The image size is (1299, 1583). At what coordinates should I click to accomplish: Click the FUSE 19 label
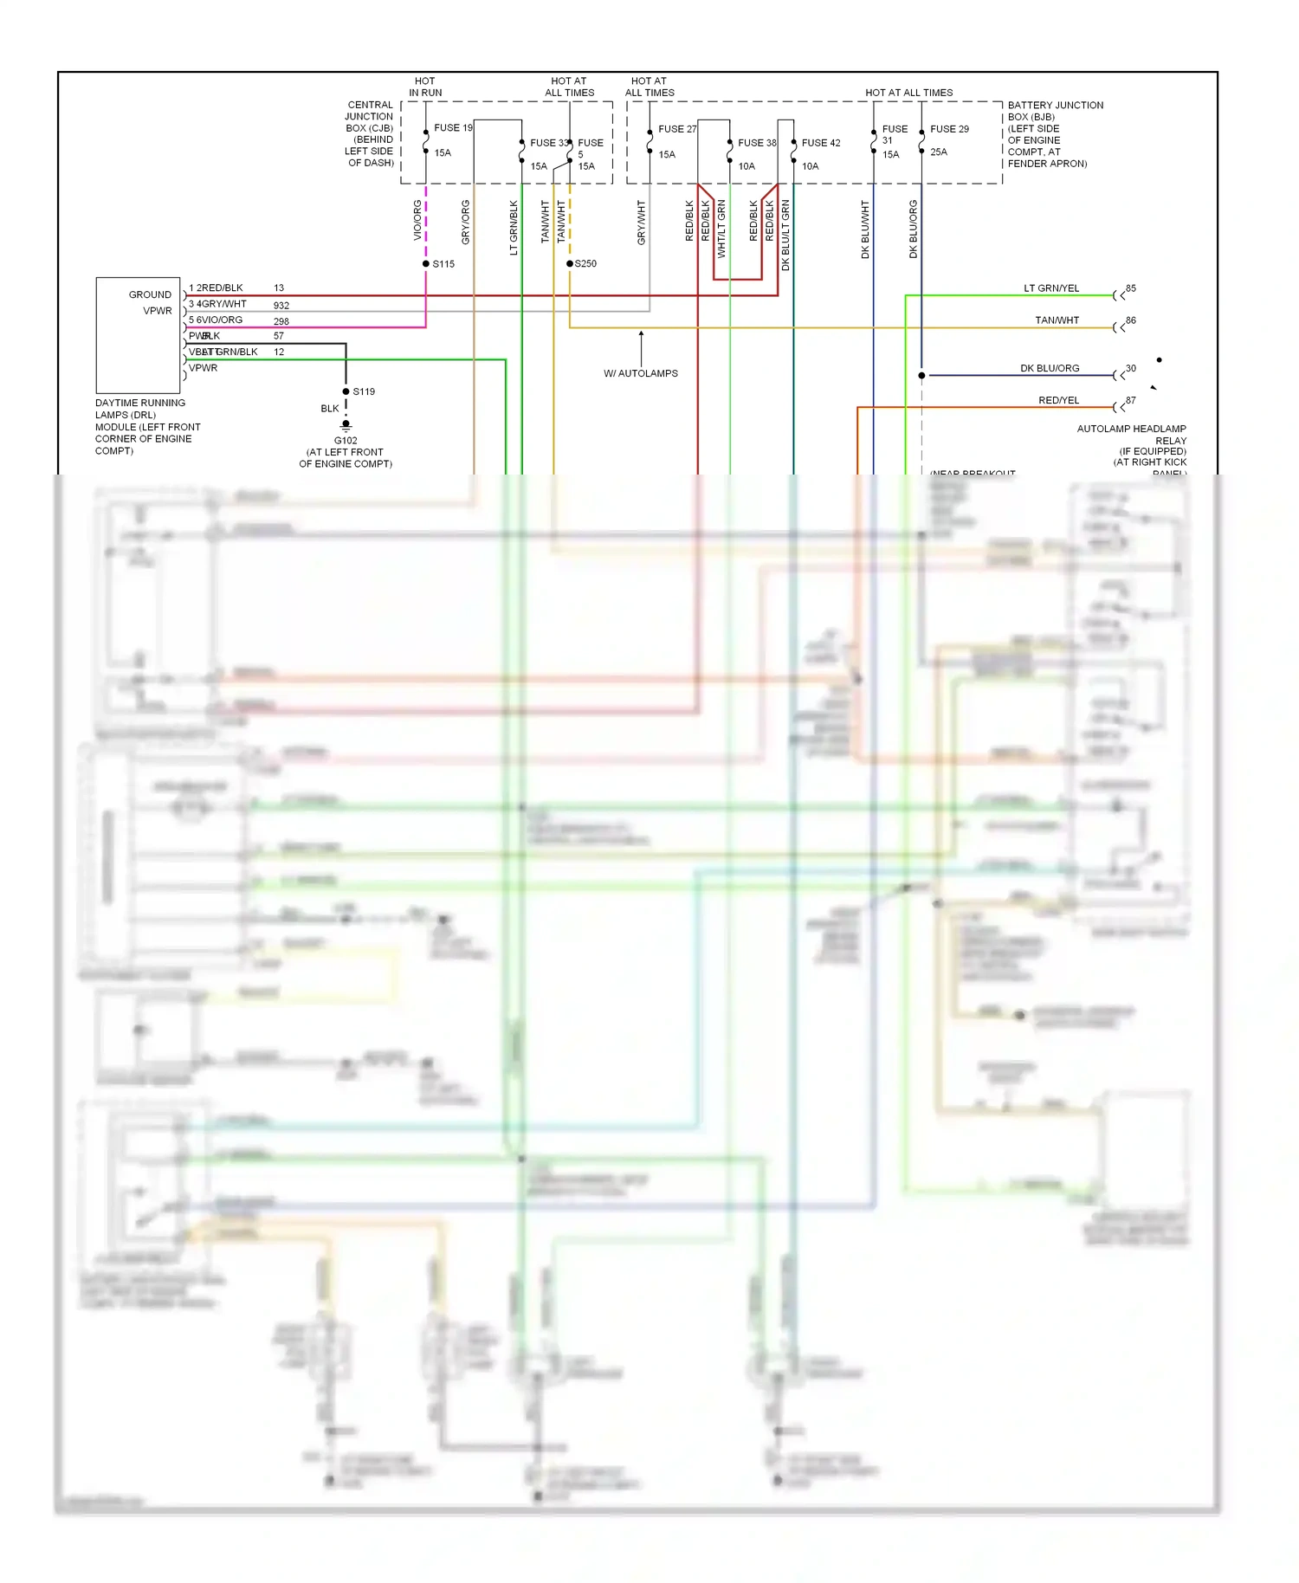[453, 127]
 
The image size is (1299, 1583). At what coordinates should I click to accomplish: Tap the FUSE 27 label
[676, 129]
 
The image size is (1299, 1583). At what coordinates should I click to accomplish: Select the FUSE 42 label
[820, 143]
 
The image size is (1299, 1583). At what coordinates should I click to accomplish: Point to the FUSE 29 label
[949, 129]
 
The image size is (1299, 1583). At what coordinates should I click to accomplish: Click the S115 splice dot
[426, 263]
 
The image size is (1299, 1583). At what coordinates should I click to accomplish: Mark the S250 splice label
[586, 263]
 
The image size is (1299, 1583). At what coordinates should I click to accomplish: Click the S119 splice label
[364, 391]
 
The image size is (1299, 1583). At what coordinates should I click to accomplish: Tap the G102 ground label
[346, 440]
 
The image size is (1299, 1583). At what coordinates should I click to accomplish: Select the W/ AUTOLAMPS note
[641, 373]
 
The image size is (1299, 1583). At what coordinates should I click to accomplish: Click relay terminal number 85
[1130, 288]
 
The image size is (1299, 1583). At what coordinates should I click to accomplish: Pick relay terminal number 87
[1130, 400]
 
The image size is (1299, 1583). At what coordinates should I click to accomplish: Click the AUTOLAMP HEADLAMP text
[1131, 429]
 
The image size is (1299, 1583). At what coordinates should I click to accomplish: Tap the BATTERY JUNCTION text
[1055, 105]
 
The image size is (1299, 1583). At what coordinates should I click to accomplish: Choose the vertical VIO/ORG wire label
[417, 221]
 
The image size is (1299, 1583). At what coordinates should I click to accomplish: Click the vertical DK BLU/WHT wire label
[865, 229]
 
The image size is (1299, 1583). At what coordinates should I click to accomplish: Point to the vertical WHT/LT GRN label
[721, 229]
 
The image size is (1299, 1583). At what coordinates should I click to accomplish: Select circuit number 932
[281, 305]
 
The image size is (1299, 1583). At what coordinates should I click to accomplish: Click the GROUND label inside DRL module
[150, 294]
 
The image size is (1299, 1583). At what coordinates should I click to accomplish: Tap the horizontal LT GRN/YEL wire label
[1050, 288]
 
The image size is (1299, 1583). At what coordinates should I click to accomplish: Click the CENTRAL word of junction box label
[370, 105]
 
